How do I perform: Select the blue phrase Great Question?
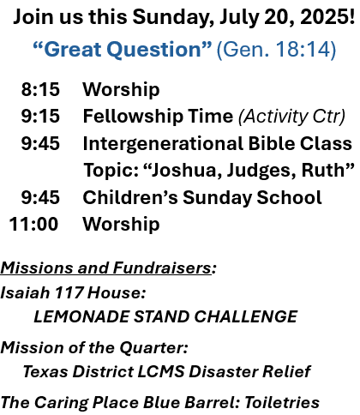tap(123, 50)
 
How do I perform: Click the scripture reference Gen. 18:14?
tap(276, 50)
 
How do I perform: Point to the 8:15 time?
tap(40, 89)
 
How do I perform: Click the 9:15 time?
tap(40, 117)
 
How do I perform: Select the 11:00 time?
tap(33, 224)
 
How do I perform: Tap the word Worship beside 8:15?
tap(121, 90)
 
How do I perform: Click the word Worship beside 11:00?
tap(121, 224)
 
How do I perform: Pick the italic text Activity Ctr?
tap(292, 117)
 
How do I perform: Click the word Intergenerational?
tap(163, 144)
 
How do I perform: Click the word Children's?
tap(130, 197)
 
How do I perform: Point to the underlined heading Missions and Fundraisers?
tap(106, 268)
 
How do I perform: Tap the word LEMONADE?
tap(81, 316)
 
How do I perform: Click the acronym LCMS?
tap(161, 372)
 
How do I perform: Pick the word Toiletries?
tap(282, 403)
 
